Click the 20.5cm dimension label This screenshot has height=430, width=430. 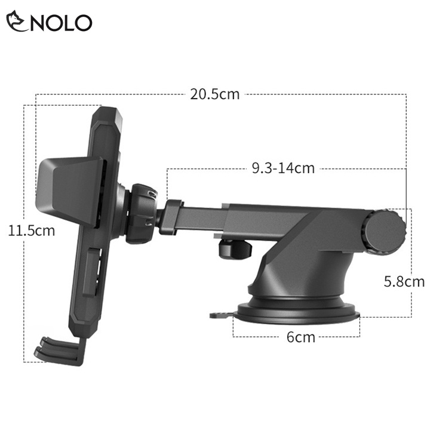215,94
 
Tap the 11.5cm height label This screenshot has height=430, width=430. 32,231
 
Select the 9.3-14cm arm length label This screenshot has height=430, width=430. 283,168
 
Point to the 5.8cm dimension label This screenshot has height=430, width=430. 404,281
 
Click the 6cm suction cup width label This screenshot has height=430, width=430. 301,337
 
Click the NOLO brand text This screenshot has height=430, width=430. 61,23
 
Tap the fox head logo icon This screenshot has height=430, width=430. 17,21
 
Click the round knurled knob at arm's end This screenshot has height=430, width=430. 385,232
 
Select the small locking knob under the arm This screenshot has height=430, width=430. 235,249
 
